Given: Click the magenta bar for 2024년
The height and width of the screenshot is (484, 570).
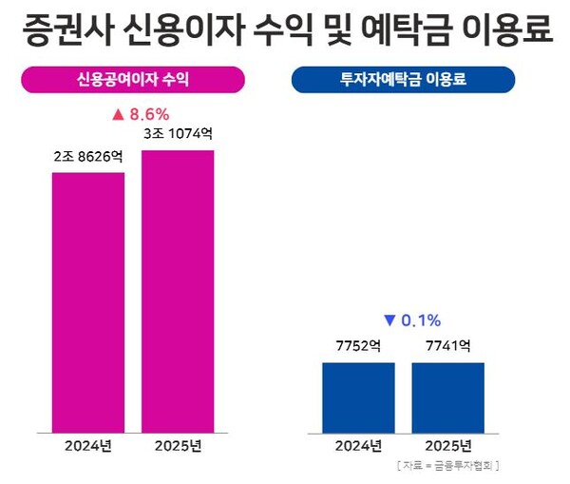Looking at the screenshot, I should click(x=87, y=302).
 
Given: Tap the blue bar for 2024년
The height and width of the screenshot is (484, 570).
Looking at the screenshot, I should click(x=358, y=397).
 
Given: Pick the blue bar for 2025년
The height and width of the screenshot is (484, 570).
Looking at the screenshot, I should click(x=447, y=397).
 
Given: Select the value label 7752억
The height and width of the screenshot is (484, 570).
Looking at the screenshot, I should click(x=358, y=347).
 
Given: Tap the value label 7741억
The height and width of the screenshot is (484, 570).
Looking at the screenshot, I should click(x=447, y=347).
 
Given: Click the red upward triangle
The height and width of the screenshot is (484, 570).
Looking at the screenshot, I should click(x=119, y=114).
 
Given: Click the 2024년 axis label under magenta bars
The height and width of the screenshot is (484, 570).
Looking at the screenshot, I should click(x=87, y=445).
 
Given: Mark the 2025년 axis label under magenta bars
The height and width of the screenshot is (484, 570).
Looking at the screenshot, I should click(x=178, y=445).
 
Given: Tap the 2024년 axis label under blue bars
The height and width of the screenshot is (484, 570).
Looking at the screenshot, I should click(x=358, y=445).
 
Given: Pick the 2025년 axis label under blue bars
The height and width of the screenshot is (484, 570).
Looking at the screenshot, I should click(x=447, y=445).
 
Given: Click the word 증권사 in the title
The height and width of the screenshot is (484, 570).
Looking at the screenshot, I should click(x=58, y=30).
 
